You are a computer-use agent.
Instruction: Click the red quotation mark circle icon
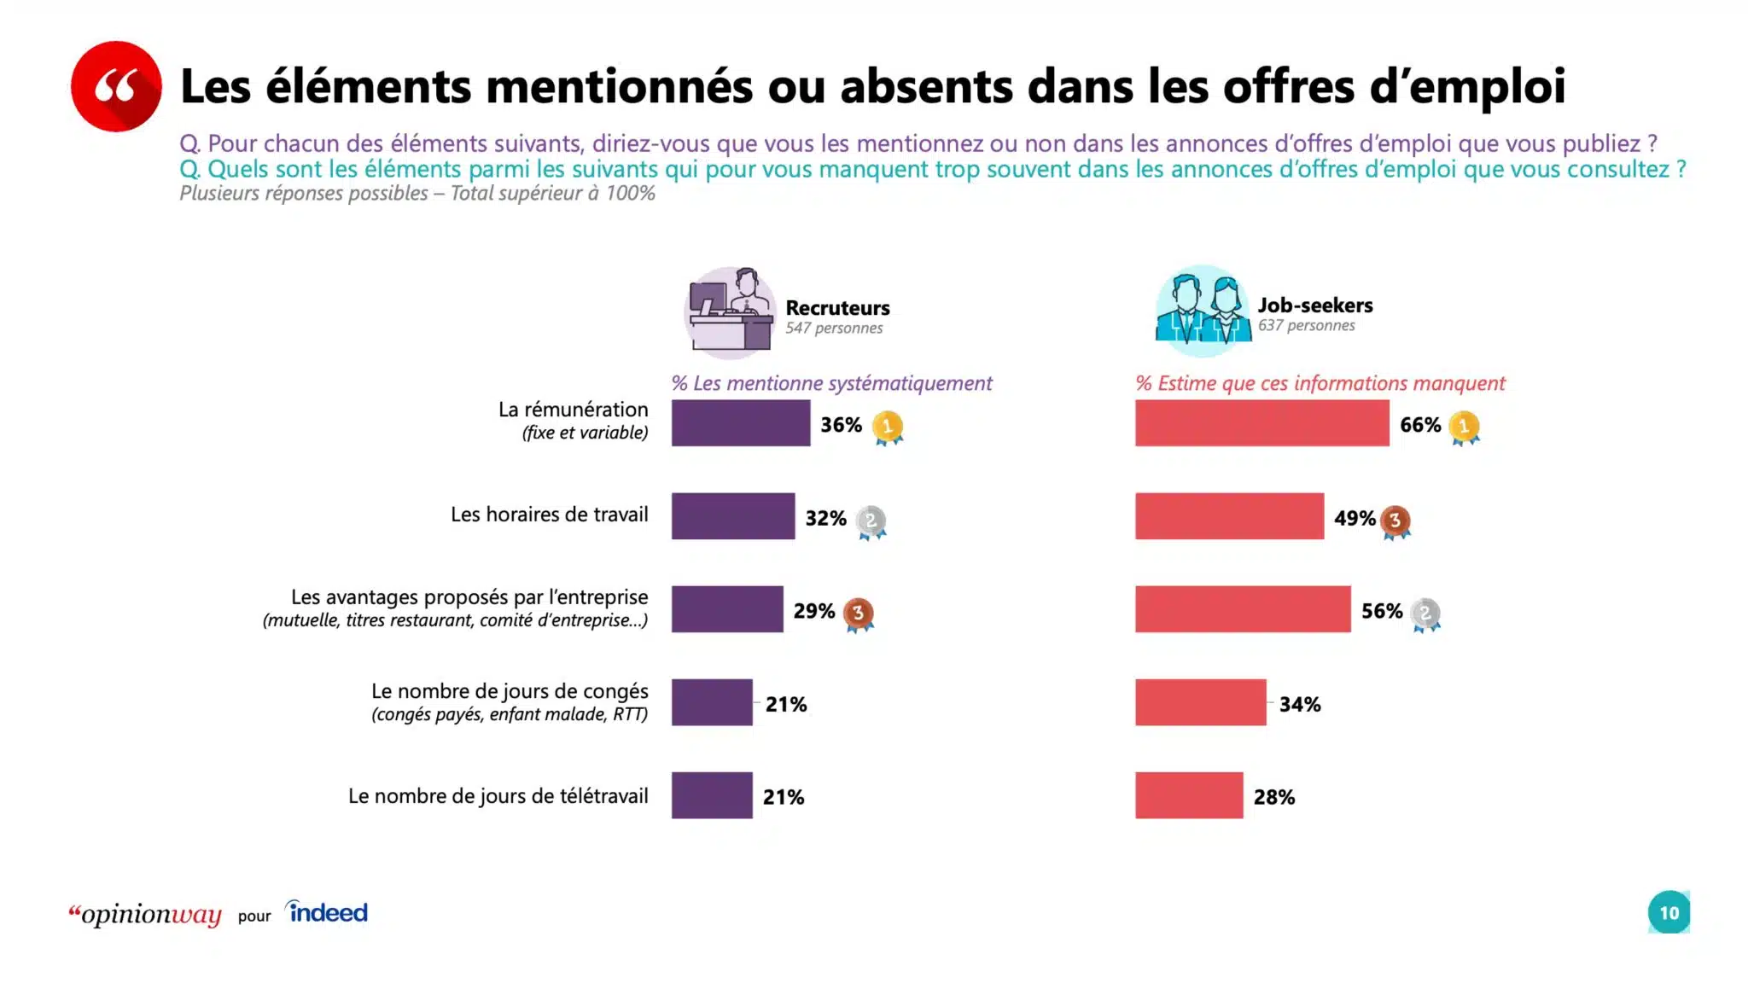pyautogui.click(x=116, y=86)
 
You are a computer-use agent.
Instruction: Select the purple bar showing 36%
pyautogui.click(x=740, y=423)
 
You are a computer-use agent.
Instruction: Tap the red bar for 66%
pyautogui.click(x=1261, y=423)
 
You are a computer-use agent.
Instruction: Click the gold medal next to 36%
pyautogui.click(x=888, y=427)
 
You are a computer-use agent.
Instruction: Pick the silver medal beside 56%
pyautogui.click(x=1425, y=614)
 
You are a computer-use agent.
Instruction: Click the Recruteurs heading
pyautogui.click(x=836, y=308)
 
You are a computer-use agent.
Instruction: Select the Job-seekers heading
pyautogui.click(x=1314, y=305)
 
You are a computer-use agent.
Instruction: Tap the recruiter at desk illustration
pyautogui.click(x=731, y=312)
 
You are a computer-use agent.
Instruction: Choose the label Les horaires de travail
pyautogui.click(x=549, y=515)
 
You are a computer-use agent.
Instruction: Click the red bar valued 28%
pyautogui.click(x=1188, y=795)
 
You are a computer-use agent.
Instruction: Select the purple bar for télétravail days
pyautogui.click(x=712, y=795)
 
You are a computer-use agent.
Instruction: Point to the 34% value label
pyautogui.click(x=1299, y=704)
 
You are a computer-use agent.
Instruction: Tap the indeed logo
pyautogui.click(x=327, y=912)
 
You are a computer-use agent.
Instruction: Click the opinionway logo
pyautogui.click(x=145, y=915)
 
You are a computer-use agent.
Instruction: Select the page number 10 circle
pyautogui.click(x=1669, y=913)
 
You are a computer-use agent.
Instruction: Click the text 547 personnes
pyautogui.click(x=834, y=329)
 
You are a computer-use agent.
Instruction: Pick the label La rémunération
pyautogui.click(x=573, y=410)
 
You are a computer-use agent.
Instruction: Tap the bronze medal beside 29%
pyautogui.click(x=858, y=614)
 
